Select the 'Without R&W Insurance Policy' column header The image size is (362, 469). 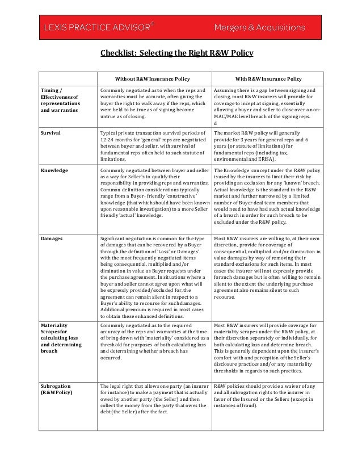point(153,78)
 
